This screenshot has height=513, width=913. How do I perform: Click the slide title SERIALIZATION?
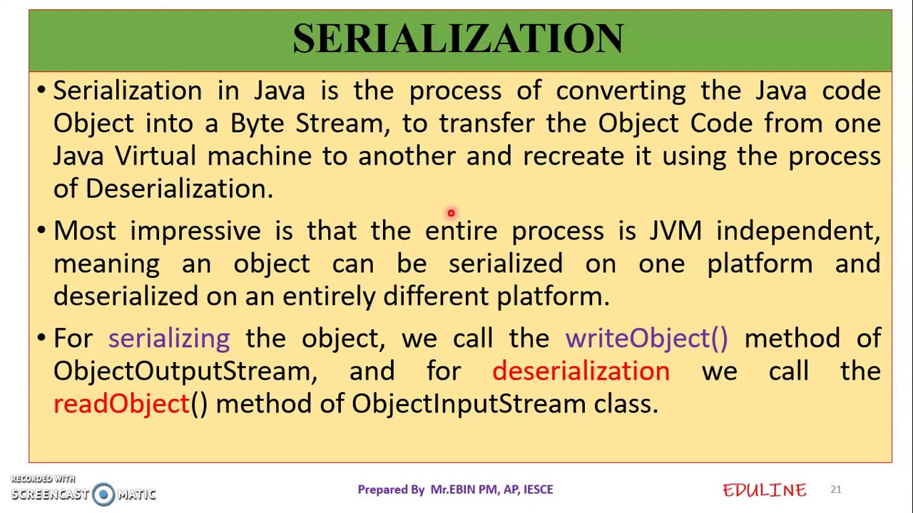pyautogui.click(x=458, y=38)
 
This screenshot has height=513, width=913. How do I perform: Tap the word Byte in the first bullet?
pyautogui.click(x=257, y=123)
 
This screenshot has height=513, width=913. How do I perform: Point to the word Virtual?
pyautogui.click(x=155, y=156)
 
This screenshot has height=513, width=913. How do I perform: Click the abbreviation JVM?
pyautogui.click(x=675, y=231)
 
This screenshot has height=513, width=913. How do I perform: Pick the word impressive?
pyautogui.click(x=195, y=231)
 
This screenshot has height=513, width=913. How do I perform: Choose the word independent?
pyautogui.click(x=797, y=231)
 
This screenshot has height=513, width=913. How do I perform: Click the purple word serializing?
pyautogui.click(x=169, y=338)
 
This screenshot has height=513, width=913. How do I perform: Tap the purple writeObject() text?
pyautogui.click(x=646, y=338)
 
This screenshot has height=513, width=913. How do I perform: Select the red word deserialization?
pyautogui.click(x=581, y=371)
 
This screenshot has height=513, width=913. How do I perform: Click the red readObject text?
pyautogui.click(x=121, y=404)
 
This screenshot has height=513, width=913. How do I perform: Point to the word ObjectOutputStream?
pyautogui.click(x=184, y=371)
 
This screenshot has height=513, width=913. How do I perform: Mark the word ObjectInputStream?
pyautogui.click(x=468, y=404)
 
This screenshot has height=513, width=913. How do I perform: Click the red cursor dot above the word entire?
pyautogui.click(x=451, y=213)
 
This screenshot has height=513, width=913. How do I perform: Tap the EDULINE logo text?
pyautogui.click(x=764, y=490)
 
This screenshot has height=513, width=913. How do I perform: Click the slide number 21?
pyautogui.click(x=835, y=489)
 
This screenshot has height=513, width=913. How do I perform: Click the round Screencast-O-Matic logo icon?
pyautogui.click(x=103, y=494)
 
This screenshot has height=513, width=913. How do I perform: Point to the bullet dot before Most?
pyautogui.click(x=41, y=230)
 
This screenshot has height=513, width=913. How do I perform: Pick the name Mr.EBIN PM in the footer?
pyautogui.click(x=464, y=489)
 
